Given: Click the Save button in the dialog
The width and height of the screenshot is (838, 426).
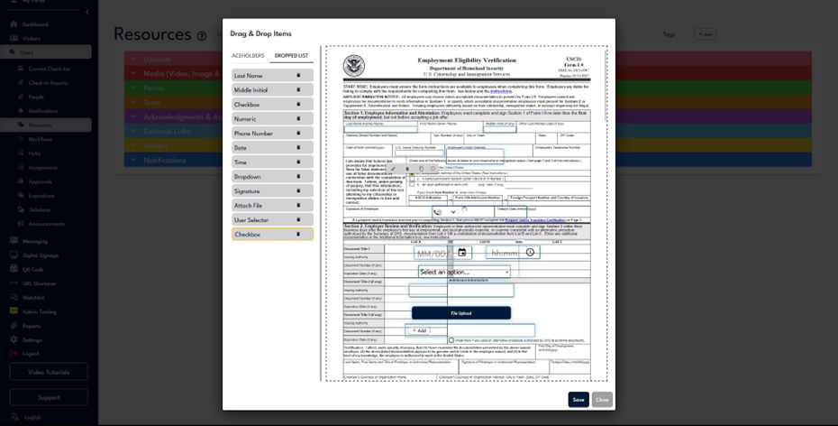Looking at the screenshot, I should click(x=578, y=399).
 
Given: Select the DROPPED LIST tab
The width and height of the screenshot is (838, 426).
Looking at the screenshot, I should click(x=291, y=56).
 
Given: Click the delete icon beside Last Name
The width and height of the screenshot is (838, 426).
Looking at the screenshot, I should click(x=298, y=76).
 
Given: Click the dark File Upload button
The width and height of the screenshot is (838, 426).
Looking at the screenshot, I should click(x=460, y=313).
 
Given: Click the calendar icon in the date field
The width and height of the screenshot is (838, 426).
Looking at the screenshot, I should click(x=462, y=253).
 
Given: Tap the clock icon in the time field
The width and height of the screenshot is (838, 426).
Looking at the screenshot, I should click(x=531, y=253).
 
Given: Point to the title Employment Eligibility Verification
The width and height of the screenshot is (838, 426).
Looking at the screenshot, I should click(x=467, y=60).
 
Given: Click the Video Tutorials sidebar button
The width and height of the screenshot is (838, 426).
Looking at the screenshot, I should click(x=49, y=372).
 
